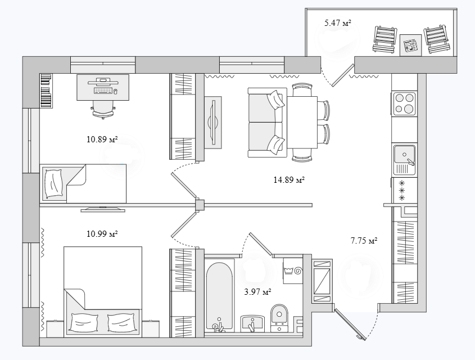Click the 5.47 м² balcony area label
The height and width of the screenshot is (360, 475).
click(338, 22)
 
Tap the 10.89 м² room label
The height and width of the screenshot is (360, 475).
click(102, 139)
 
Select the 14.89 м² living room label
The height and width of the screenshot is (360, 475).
click(289, 180)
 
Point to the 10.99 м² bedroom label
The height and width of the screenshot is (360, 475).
click(102, 234)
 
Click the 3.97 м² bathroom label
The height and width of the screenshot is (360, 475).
click(257, 292)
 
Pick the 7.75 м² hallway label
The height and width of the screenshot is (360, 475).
click(364, 241)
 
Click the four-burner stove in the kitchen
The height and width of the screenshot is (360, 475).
click(404, 103)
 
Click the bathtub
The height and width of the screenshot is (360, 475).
click(220, 297)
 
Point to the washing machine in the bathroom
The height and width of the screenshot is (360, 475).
click(293, 271)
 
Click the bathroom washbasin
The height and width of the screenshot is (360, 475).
click(252, 323)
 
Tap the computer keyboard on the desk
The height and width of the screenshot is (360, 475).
click(103, 91)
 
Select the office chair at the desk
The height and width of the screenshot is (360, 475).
click(103, 109)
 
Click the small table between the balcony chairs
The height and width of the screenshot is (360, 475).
click(410, 45)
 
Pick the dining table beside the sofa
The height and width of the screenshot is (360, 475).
click(302, 122)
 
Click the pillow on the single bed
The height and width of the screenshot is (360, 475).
click(54, 183)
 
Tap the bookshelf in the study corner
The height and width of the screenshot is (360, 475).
click(46, 91)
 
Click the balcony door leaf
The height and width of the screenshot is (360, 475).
click(343, 75)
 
